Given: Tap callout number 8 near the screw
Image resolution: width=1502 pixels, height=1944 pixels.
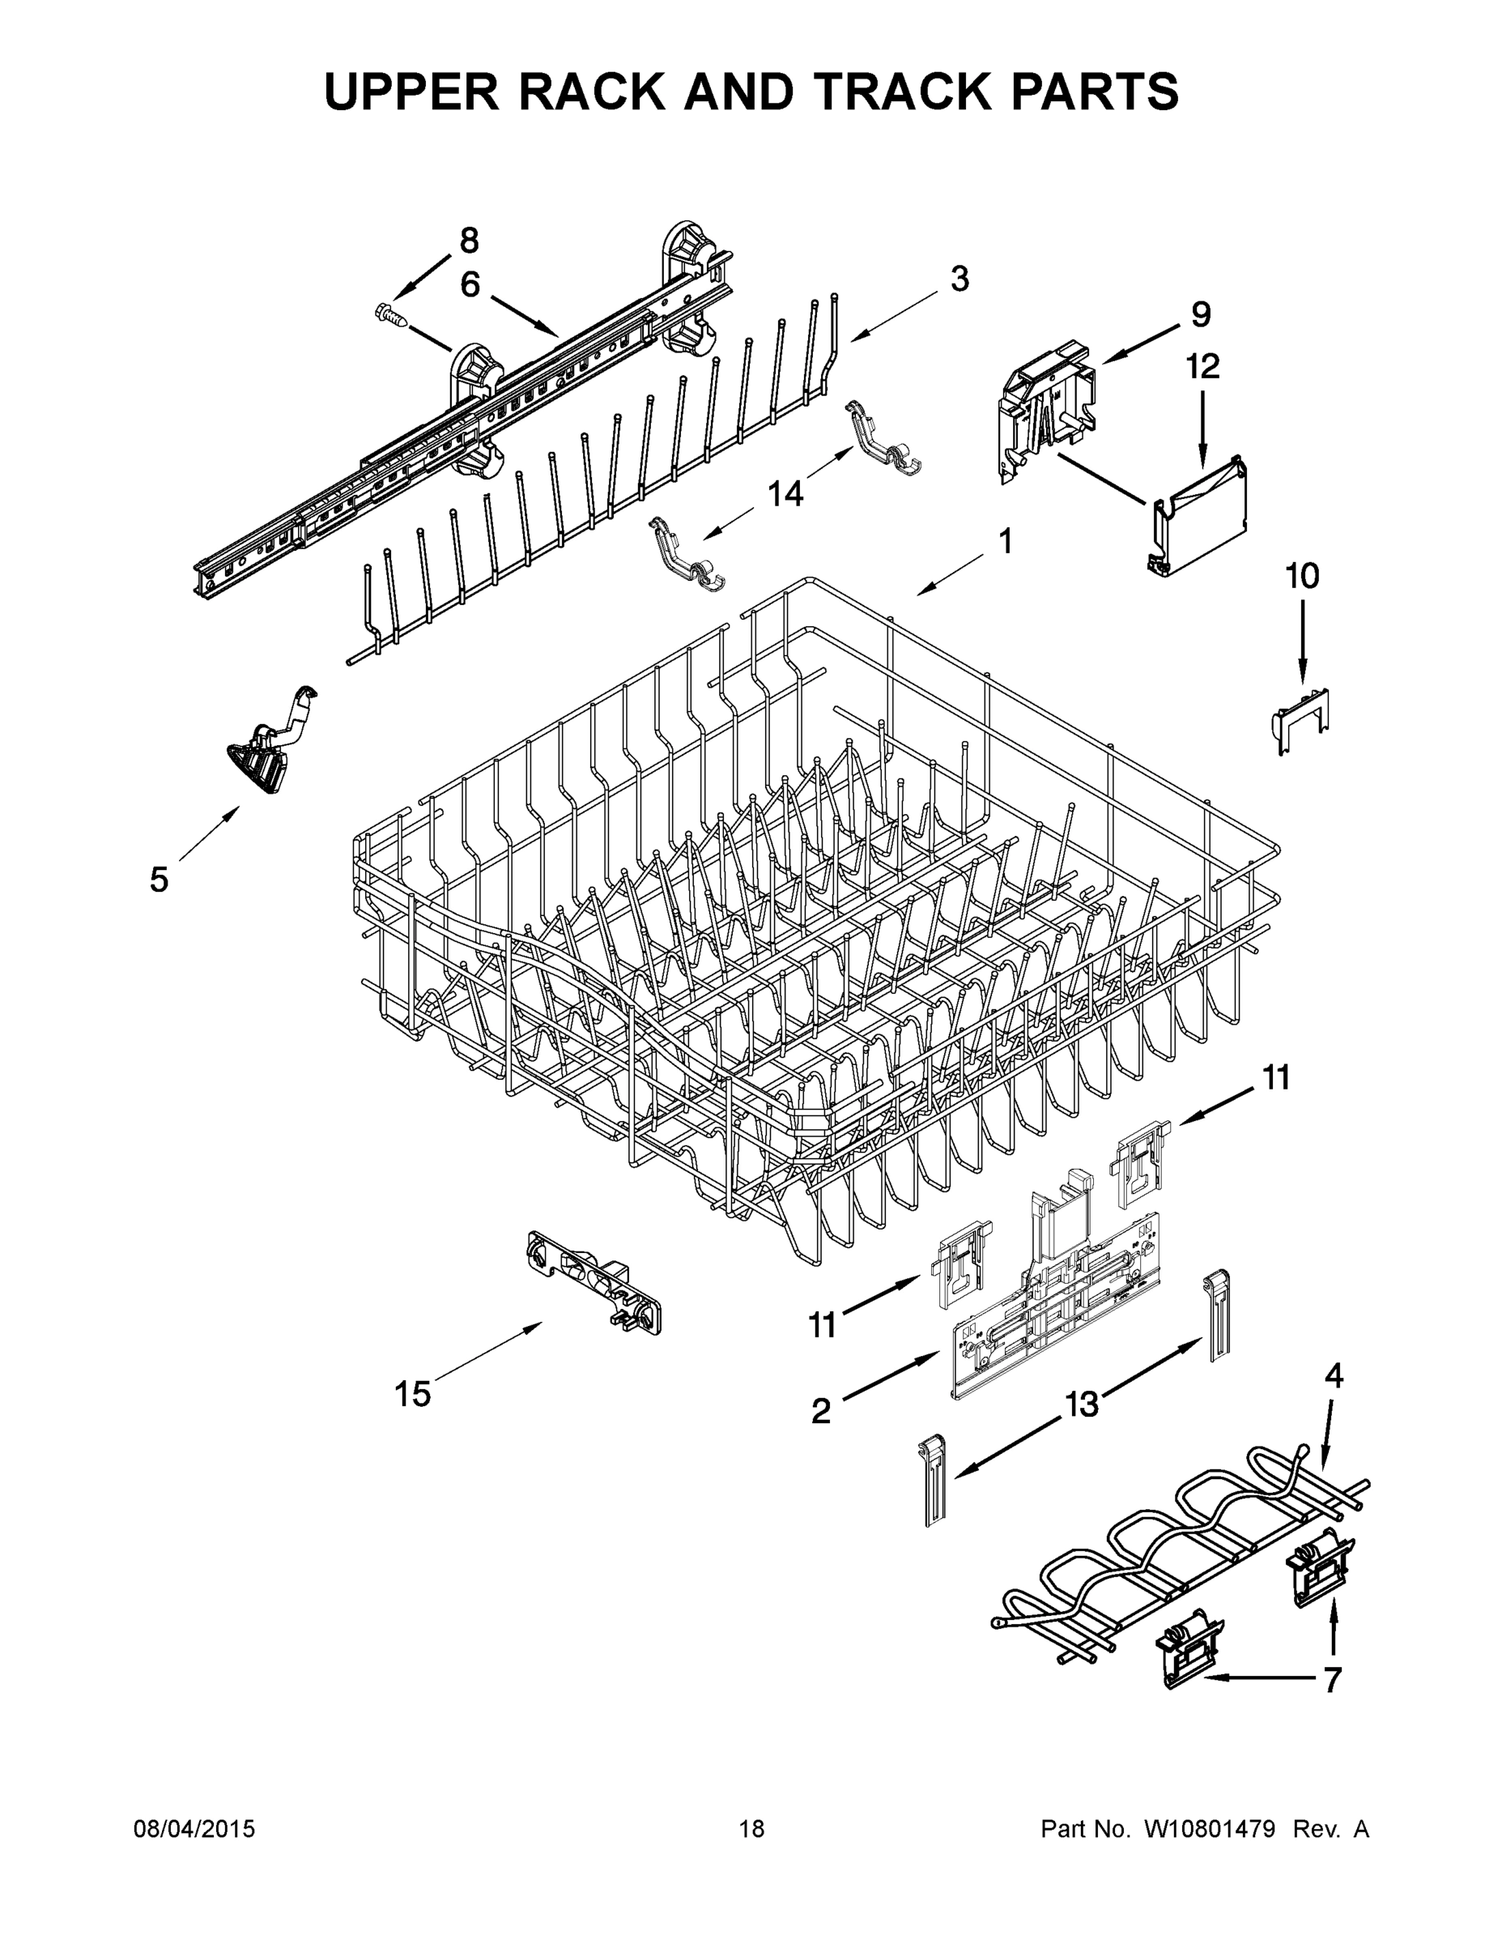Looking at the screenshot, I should pos(469,241).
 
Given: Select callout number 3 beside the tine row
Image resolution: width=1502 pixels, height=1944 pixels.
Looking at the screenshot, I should pos(959,279).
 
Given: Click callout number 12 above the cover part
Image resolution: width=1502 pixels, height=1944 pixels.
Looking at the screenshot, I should pos(1203,366).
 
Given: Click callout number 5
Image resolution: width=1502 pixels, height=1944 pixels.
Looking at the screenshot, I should pos(159,880).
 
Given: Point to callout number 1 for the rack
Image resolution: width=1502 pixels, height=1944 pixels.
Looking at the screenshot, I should pos(1006,540).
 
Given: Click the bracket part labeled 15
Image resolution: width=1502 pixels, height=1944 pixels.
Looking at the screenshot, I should pos(592,1285).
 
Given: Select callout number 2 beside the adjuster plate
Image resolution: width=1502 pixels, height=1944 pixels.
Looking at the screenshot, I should pos(820,1411).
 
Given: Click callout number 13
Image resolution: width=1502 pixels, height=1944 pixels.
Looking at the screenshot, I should pos(1082,1405).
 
